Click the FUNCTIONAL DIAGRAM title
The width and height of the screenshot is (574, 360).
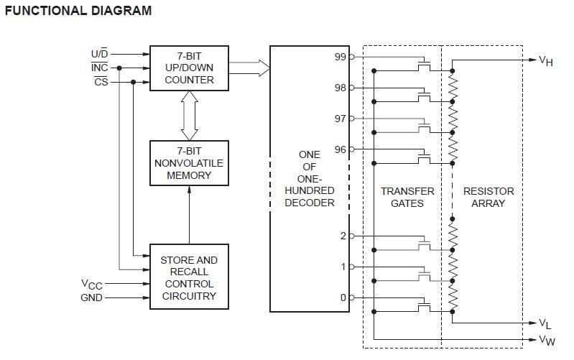pos(78,11)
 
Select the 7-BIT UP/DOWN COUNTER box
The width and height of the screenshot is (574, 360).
pos(189,68)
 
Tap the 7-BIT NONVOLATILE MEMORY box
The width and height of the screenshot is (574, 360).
pos(189,163)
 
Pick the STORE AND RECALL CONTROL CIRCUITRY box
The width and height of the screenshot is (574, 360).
pos(189,277)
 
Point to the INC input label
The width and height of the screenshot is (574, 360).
pos(99,68)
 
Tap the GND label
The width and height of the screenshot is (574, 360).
pos(91,297)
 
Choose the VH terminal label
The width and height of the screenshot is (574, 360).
pos(546,61)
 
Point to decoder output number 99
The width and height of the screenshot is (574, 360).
pos(341,57)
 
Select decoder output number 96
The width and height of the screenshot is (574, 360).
pos(341,149)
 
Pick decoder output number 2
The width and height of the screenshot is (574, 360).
pos(343,236)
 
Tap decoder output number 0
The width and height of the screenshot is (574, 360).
pos(343,297)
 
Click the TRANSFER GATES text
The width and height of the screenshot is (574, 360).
pos(407,197)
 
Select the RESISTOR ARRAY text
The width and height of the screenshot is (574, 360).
pos(489,197)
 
